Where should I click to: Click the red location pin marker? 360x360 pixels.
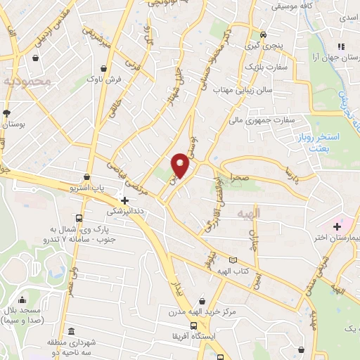pos(181,165)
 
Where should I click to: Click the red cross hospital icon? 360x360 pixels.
pos(337,226)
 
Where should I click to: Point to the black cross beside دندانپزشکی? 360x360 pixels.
pos(124,200)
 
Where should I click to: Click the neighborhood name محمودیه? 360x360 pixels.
pos(28,82)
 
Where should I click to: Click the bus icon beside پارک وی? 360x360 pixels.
pos(78,218)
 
